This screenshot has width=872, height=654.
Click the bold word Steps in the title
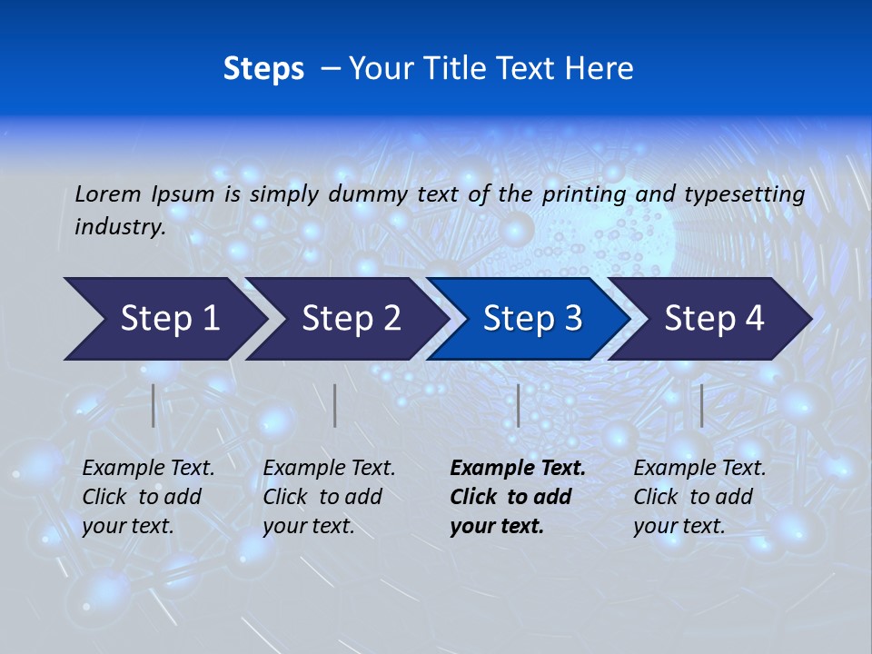(x=263, y=69)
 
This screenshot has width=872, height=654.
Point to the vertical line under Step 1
(x=154, y=405)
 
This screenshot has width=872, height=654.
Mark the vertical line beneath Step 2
(x=335, y=405)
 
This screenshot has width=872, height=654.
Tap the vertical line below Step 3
(x=519, y=405)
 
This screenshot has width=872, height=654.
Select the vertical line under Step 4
(x=702, y=405)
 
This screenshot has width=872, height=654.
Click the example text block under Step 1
(x=148, y=497)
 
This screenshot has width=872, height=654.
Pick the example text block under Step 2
(x=329, y=497)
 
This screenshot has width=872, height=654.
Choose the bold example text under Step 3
(x=518, y=497)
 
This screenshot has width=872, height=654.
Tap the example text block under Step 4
(x=699, y=497)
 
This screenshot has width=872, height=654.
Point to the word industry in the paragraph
(x=119, y=227)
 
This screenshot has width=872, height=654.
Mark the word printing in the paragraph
(x=583, y=194)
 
